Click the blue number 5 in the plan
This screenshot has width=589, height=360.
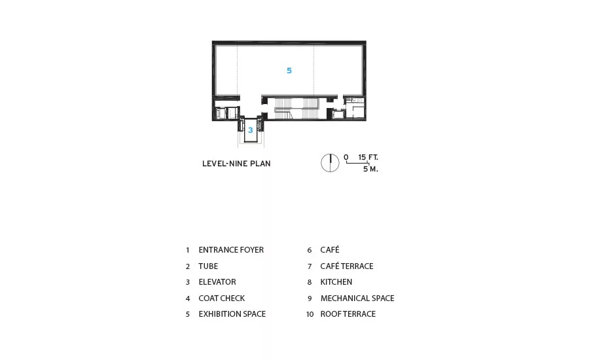[x=289, y=70]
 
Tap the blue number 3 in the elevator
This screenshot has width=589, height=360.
[x=250, y=130]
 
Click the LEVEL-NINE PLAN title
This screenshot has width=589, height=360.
[x=236, y=164]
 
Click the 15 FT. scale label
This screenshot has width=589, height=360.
[x=368, y=157]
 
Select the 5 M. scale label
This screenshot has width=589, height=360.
[x=370, y=169]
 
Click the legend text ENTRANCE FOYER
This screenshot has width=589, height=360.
[x=231, y=250]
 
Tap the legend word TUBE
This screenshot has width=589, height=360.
[x=208, y=266]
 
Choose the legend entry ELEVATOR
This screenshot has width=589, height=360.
[x=217, y=282]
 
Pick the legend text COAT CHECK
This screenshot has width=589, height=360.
[x=222, y=298]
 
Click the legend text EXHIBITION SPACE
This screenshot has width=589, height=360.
[x=232, y=314]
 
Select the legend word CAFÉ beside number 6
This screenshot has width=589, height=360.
[x=330, y=249]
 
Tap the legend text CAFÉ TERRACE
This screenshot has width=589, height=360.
[x=347, y=266]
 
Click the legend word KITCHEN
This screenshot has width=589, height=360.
[x=336, y=282]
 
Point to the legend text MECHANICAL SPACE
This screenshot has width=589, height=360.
[x=357, y=298]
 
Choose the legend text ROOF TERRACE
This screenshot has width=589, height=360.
[x=348, y=314]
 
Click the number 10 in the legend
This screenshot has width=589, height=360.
[x=310, y=314]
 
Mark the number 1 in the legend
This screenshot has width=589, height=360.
[x=187, y=250]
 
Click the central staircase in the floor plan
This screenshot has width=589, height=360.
[x=296, y=108]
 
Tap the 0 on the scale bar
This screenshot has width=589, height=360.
[x=346, y=157]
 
